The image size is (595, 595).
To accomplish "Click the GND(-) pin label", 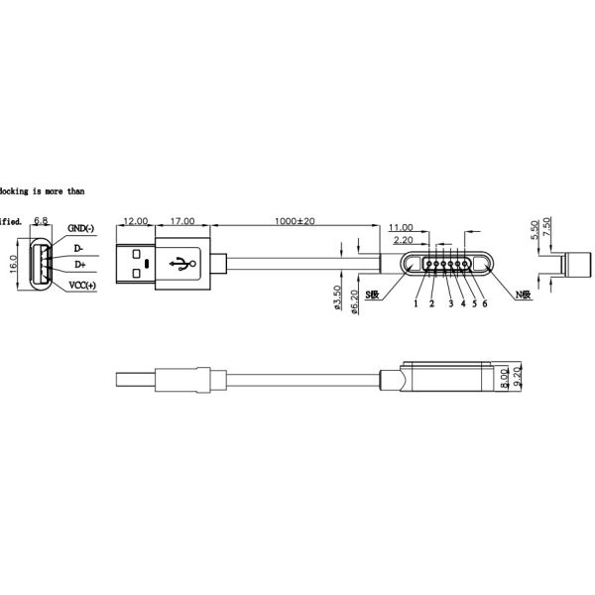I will [x=81, y=229].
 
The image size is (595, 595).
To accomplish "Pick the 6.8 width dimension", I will [x=43, y=220].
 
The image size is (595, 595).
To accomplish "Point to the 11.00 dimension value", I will [x=401, y=227].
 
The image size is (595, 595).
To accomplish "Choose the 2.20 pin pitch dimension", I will [x=404, y=240].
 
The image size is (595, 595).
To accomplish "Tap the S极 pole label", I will [x=373, y=296].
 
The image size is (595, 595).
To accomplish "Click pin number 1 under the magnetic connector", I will [x=416, y=303].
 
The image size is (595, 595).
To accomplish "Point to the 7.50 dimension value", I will [x=547, y=230].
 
